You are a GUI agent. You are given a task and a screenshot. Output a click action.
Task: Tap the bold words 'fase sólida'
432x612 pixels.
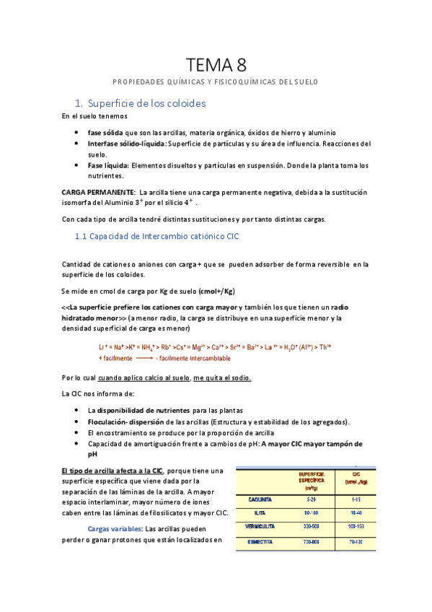tap(105, 133)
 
